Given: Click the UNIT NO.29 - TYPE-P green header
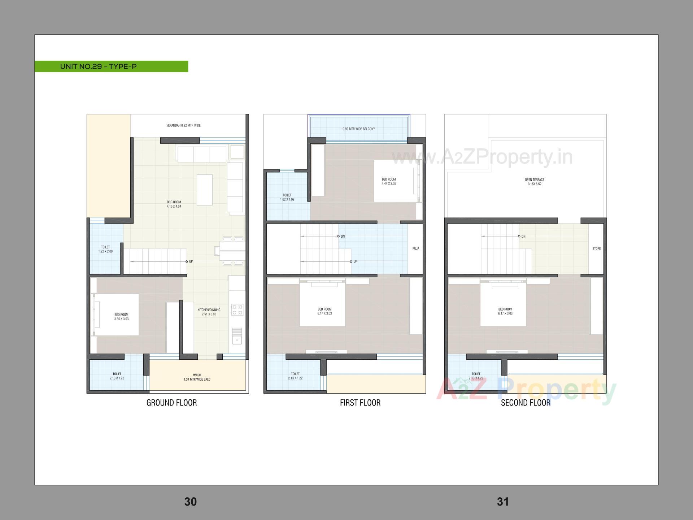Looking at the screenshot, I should [x=98, y=66].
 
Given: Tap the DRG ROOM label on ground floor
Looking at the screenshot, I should [x=174, y=204].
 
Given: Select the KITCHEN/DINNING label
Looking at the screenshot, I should [x=209, y=312].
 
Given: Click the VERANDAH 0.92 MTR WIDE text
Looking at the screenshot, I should [x=183, y=126].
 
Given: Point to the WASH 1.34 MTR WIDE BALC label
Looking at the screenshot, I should [x=197, y=377].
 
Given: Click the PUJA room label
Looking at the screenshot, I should [x=416, y=249].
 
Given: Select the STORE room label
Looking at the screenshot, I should [x=596, y=249].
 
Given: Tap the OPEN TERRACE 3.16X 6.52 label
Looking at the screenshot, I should [x=535, y=182].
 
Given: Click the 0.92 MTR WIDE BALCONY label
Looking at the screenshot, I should [x=359, y=129].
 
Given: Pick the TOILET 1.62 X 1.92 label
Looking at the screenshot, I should [x=287, y=197].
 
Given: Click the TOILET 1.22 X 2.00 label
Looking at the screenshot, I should [x=105, y=249].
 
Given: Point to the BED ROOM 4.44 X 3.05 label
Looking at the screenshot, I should [x=389, y=181].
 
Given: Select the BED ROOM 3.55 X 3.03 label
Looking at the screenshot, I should [x=121, y=317].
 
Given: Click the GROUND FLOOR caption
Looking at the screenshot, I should [x=171, y=403].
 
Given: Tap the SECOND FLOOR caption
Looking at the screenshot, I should [x=526, y=403].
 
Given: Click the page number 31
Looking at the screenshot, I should [x=503, y=502].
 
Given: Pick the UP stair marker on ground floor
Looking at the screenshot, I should [x=189, y=261].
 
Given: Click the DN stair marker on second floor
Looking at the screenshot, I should [x=522, y=237].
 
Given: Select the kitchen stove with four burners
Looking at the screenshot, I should [x=237, y=309].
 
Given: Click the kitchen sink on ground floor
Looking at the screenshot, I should [x=237, y=335].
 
